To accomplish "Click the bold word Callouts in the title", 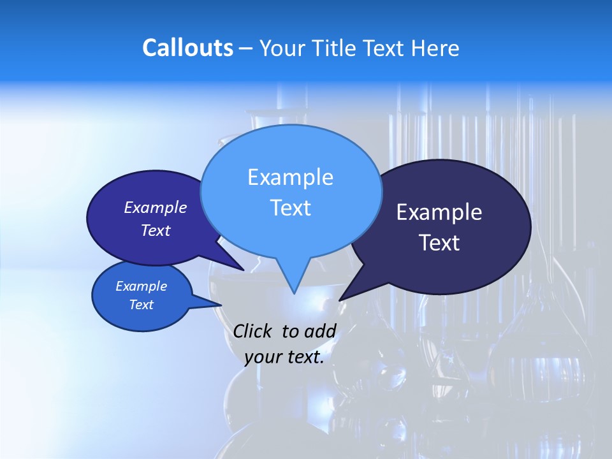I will coord(187,48).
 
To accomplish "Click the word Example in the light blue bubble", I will coord(290,177).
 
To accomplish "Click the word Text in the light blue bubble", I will coord(290,208).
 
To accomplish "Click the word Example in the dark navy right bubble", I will coord(439,212).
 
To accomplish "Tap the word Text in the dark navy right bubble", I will coord(439,243).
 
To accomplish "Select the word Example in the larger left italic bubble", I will coord(156,207).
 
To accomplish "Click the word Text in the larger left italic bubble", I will coord(156,230).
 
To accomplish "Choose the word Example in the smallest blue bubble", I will coord(142,286).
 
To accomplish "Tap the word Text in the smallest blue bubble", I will coord(142,305).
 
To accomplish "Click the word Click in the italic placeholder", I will coord(253,331).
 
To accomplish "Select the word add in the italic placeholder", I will coord(319,331).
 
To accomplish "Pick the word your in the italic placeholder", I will coord(263,357).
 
